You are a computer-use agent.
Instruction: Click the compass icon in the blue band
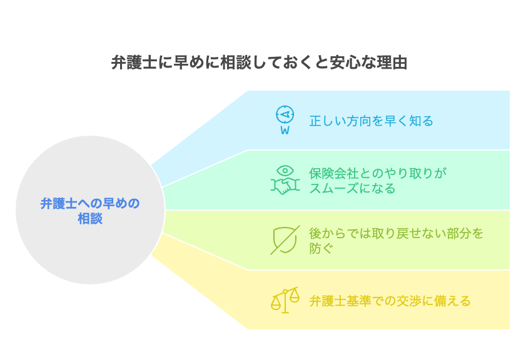285,116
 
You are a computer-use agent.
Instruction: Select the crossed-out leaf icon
285,240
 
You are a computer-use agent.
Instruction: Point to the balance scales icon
285,300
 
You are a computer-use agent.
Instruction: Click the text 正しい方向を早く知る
371,121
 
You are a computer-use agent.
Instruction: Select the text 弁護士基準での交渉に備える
390,301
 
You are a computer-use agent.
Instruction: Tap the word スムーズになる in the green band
352,188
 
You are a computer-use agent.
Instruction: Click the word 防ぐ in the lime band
321,248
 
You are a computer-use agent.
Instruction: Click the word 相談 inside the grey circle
90,219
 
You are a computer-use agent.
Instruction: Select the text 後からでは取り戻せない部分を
396,233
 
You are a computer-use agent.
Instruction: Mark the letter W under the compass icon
285,131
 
